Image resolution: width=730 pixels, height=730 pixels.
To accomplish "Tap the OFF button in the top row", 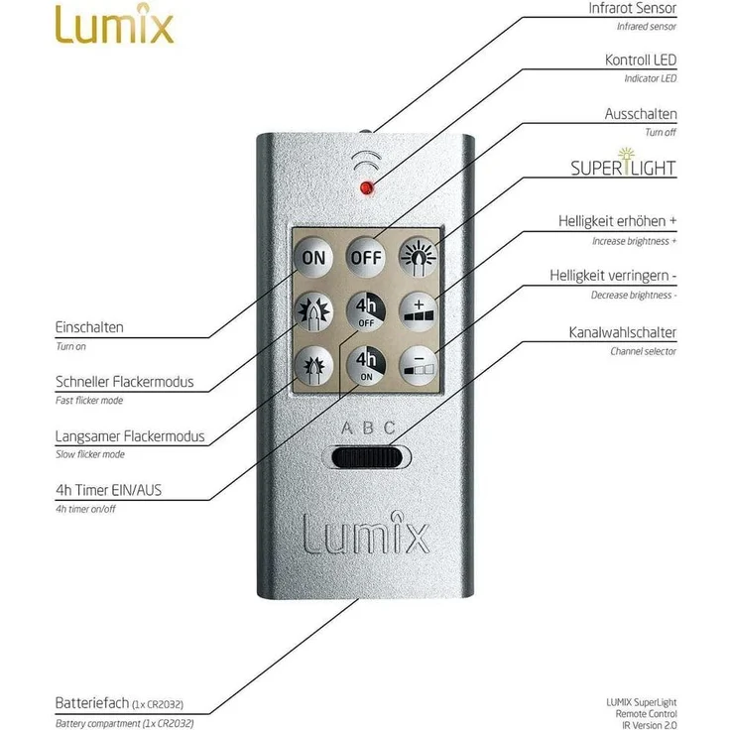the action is pyautogui.click(x=366, y=258).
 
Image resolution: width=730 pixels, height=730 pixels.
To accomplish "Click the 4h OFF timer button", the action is pyautogui.click(x=366, y=311).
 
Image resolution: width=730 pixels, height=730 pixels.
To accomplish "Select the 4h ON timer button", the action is pyautogui.click(x=366, y=366).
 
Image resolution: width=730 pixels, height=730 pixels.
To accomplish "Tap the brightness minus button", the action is pyautogui.click(x=419, y=366).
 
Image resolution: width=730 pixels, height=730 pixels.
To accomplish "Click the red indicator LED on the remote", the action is pyautogui.click(x=367, y=188).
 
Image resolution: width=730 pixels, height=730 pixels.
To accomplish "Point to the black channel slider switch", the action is pyautogui.click(x=367, y=457).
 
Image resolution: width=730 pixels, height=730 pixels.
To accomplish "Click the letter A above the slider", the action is pyautogui.click(x=347, y=427).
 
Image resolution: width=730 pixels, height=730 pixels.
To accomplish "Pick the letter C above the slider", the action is pyautogui.click(x=389, y=427).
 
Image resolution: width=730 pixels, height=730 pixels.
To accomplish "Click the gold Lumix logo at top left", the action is pyautogui.click(x=114, y=24).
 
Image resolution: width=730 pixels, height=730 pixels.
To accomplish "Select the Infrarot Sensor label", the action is pyautogui.click(x=632, y=8).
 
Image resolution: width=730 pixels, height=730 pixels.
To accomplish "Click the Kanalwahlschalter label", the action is pyautogui.click(x=623, y=332).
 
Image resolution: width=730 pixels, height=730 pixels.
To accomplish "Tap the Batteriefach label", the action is pyautogui.click(x=91, y=703).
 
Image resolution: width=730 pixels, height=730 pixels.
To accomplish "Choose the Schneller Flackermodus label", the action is pyautogui.click(x=124, y=382).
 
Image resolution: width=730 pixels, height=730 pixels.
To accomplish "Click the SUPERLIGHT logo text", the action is pyautogui.click(x=624, y=164).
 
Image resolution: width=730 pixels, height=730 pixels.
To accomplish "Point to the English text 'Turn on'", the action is pyautogui.click(x=70, y=346).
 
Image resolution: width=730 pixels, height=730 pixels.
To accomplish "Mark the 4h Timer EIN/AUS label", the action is pyautogui.click(x=108, y=490).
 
